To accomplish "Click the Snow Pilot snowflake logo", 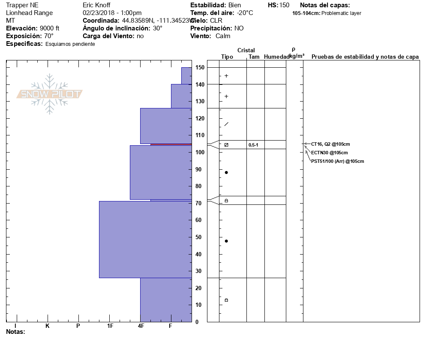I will coord(50,94).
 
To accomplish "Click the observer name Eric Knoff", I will coord(96,5).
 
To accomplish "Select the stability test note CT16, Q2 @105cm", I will coord(330,144).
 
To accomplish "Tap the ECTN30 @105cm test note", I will coord(329,153).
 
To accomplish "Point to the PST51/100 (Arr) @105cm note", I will coord(337,161).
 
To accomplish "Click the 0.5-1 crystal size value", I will coord(253,145).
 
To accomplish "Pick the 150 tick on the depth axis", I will coord(200,68).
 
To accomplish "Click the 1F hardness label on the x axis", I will coord(110,326).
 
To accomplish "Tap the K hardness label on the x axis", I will coord(48,326).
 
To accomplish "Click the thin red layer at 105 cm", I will coord(171,144).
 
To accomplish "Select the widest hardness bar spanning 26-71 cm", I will coord(145,240).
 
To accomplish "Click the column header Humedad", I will coord(276,57).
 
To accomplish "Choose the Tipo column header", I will coord(227,57).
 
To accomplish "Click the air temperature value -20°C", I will coord(245,13).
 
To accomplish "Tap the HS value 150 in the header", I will coord(284,5).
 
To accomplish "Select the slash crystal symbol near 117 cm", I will coord(226,124).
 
